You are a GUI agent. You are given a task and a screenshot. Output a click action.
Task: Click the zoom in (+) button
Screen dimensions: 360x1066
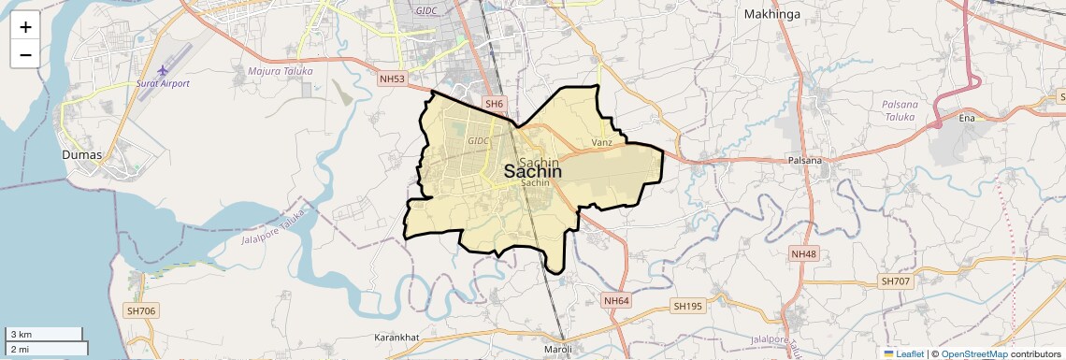pyautogui.click(x=25, y=27)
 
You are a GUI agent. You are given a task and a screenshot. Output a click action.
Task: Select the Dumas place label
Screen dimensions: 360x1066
pyautogui.click(x=81, y=154)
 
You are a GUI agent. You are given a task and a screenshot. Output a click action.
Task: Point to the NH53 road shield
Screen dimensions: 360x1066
pyautogui.click(x=393, y=79)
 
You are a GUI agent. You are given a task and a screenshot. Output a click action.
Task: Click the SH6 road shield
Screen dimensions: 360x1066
pyautogui.click(x=494, y=103)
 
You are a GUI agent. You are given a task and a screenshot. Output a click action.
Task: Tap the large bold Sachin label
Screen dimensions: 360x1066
pyautogui.click(x=533, y=172)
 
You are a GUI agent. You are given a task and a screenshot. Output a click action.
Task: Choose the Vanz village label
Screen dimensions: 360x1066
pyautogui.click(x=602, y=142)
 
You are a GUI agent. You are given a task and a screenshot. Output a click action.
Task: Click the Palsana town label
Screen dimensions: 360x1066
pyautogui.click(x=804, y=160)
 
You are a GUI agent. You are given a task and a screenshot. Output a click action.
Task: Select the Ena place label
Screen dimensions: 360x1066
pyautogui.click(x=967, y=119)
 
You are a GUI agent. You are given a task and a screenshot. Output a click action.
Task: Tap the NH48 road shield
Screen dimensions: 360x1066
pyautogui.click(x=803, y=254)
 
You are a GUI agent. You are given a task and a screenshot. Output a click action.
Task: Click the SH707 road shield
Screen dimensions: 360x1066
pyautogui.click(x=895, y=281)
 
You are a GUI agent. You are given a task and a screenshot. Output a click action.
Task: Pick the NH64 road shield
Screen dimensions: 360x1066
pyautogui.click(x=616, y=301)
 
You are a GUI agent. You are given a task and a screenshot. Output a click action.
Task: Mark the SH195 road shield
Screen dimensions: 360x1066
pyautogui.click(x=687, y=306)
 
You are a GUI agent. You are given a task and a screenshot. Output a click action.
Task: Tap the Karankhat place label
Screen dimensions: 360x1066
pyautogui.click(x=396, y=336)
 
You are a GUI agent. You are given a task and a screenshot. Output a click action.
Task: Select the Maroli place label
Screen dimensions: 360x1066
pyautogui.click(x=558, y=350)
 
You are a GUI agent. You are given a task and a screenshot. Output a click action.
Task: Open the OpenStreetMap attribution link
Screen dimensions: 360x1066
pyautogui.click(x=973, y=353)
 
